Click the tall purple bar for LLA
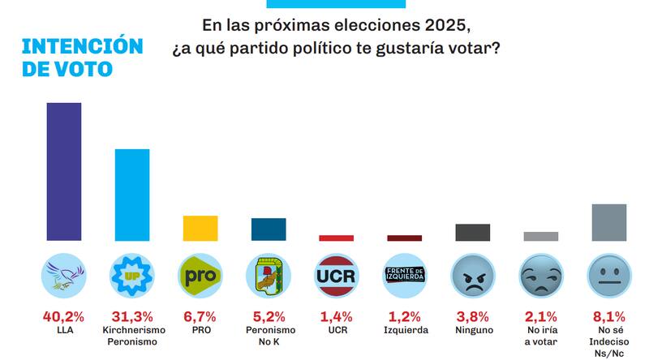63,172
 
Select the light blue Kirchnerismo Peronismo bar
131,195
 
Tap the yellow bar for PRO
200,228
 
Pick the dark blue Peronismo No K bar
268,229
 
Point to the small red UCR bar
336,238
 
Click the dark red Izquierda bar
404,238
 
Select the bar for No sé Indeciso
608,222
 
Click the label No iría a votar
540,336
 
